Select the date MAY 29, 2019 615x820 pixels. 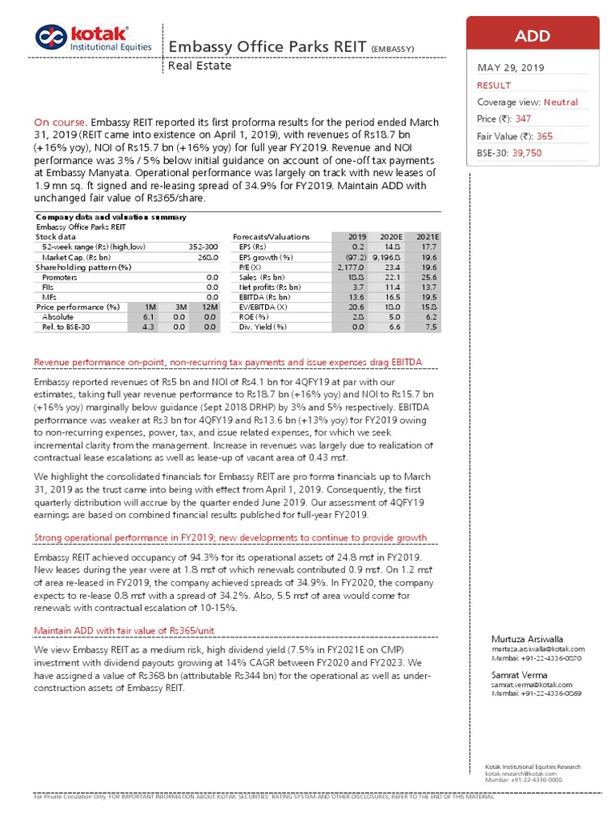tap(509, 68)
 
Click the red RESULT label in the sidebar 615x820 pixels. tap(494, 85)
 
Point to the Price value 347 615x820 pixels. tap(525, 119)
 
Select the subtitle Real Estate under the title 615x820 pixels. tap(199, 66)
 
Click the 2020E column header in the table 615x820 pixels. tap(390, 237)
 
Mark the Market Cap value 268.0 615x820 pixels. tap(209, 257)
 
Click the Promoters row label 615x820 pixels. tap(58, 276)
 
